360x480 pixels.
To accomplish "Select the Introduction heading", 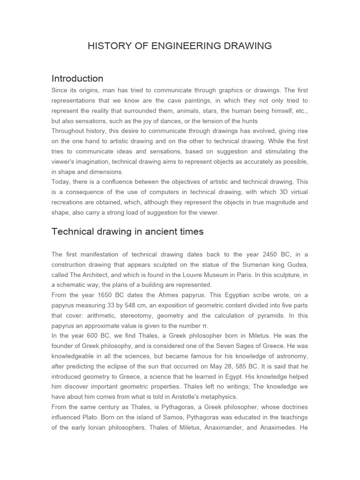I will pos(77,78).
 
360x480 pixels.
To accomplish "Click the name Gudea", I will pos(297,264).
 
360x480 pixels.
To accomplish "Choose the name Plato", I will pos(95,418).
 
